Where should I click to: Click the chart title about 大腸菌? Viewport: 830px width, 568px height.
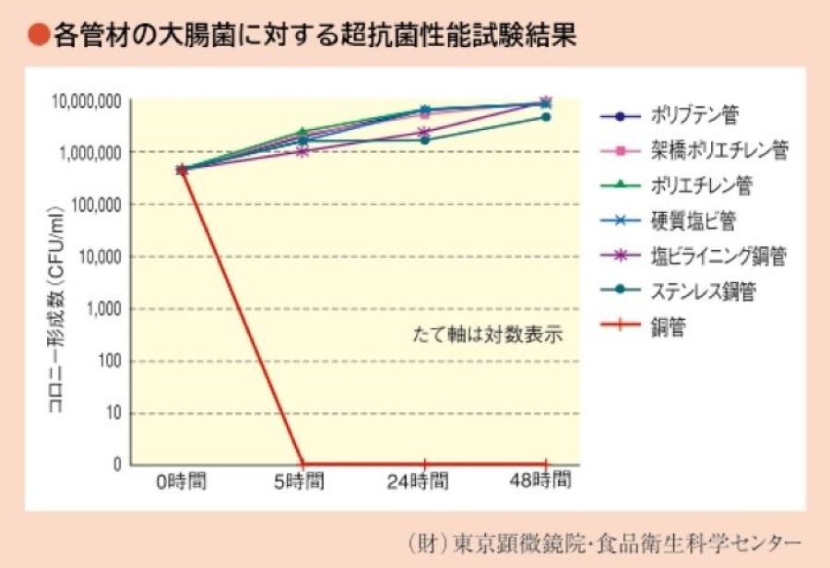tap(314, 36)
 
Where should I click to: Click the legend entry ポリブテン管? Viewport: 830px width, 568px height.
tap(694, 116)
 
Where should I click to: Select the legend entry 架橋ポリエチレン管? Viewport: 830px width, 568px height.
tap(719, 150)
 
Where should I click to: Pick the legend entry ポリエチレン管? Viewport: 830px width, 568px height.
tap(701, 185)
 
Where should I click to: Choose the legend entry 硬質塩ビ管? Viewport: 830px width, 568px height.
tap(694, 220)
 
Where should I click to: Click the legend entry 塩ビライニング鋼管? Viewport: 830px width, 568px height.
tap(718, 255)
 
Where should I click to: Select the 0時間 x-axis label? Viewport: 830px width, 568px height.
tap(182, 481)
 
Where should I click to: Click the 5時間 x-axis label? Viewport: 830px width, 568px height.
tap(303, 481)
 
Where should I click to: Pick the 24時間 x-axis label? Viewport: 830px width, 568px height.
tap(424, 481)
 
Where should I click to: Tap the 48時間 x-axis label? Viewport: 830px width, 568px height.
tap(546, 481)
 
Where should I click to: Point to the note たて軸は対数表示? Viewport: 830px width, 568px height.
tap(486, 334)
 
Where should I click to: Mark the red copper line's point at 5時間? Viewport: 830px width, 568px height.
tap(303, 464)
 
